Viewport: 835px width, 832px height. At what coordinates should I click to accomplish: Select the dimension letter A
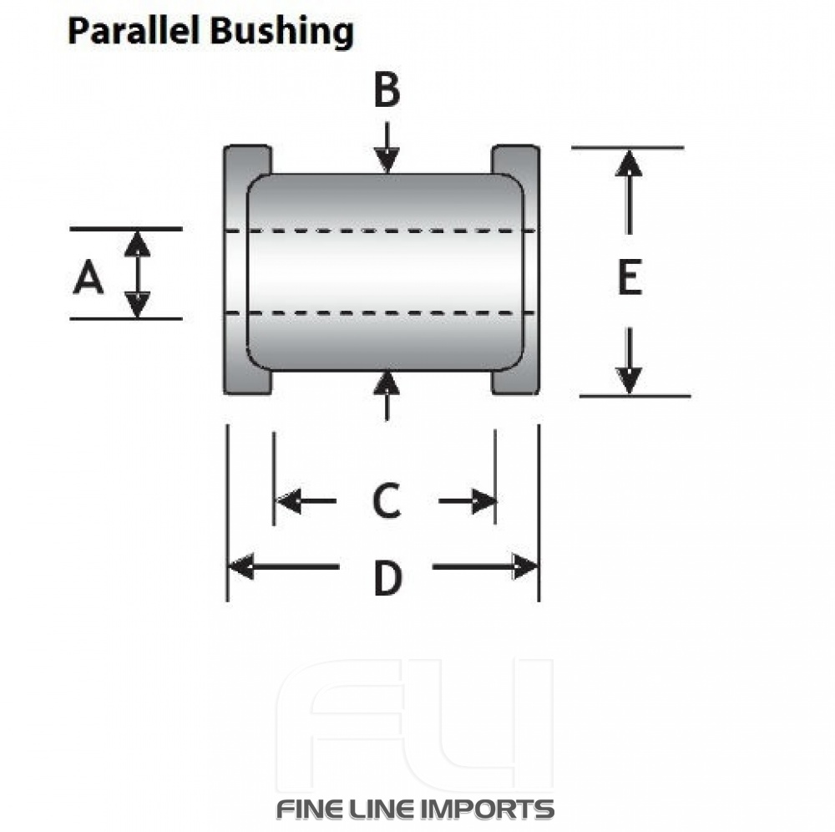click(89, 277)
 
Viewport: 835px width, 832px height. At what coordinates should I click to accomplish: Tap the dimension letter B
click(386, 91)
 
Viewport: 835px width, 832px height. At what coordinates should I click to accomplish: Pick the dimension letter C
click(387, 500)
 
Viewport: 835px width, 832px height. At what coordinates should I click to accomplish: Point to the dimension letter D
click(387, 578)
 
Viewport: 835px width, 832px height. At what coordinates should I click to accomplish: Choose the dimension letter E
click(629, 277)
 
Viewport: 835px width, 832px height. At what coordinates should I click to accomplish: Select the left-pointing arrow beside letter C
click(305, 501)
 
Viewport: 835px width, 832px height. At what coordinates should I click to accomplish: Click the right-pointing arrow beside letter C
click(468, 501)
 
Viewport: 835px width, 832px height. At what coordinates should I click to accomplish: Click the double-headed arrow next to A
click(138, 274)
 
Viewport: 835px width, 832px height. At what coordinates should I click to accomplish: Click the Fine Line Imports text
click(415, 809)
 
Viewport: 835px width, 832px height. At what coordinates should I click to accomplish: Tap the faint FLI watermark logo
click(415, 723)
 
